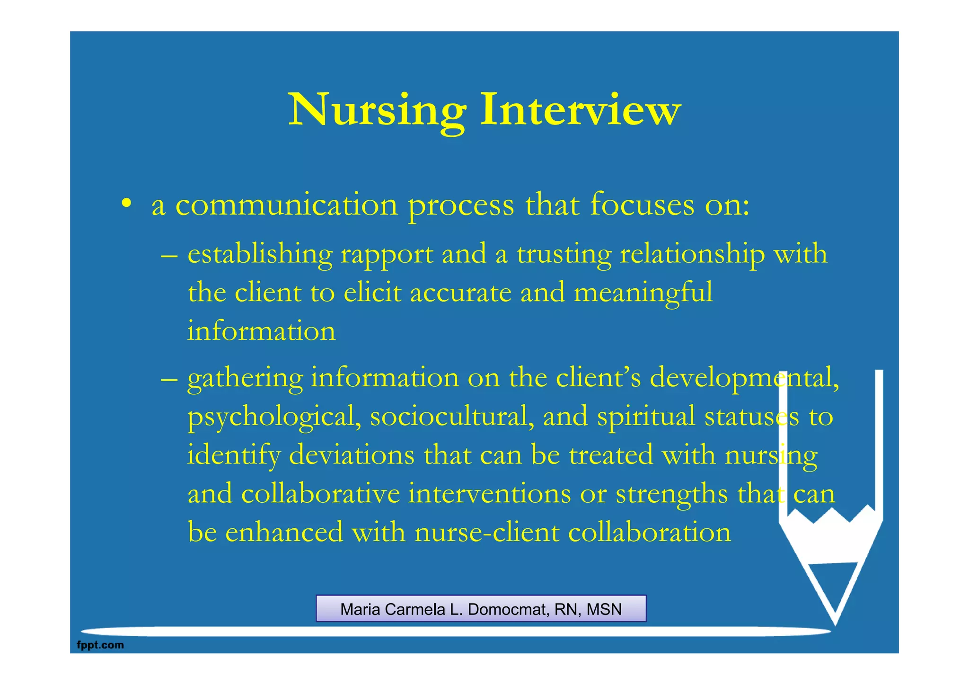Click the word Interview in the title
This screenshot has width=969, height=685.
click(x=581, y=110)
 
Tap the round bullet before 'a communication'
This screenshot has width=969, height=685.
click(x=126, y=204)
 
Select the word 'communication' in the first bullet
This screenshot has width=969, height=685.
click(x=287, y=205)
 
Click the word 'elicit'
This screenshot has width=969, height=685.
click(x=372, y=293)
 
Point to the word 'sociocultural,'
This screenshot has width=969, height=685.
click(x=452, y=417)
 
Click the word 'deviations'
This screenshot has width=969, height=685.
click(x=352, y=455)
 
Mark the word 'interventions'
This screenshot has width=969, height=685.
click(x=489, y=494)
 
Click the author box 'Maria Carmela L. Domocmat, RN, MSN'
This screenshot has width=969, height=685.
click(x=481, y=609)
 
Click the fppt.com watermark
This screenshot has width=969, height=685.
click(x=100, y=645)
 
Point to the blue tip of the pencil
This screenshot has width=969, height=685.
click(x=834, y=587)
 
